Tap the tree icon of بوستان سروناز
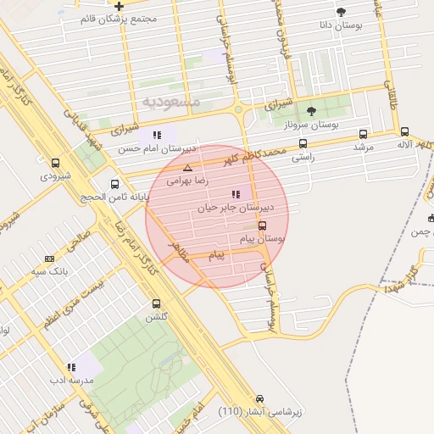pos(311,111)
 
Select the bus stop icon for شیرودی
pos(56,164)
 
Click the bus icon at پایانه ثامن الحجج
pos(114,184)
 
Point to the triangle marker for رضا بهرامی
pos(187,168)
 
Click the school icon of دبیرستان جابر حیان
pos(235,195)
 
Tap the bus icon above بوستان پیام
pos(261,226)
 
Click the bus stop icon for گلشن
pos(156,303)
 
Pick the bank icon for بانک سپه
pos(50,259)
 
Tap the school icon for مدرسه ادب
pos(71,368)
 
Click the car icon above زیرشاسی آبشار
pos(259,398)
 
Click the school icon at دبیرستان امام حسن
pos(157,135)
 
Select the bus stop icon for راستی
pos(303,143)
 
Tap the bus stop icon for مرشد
pos(364,134)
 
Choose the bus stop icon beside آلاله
pos(404,131)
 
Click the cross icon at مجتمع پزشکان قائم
pos(119,6)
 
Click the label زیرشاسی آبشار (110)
pos(254,412)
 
